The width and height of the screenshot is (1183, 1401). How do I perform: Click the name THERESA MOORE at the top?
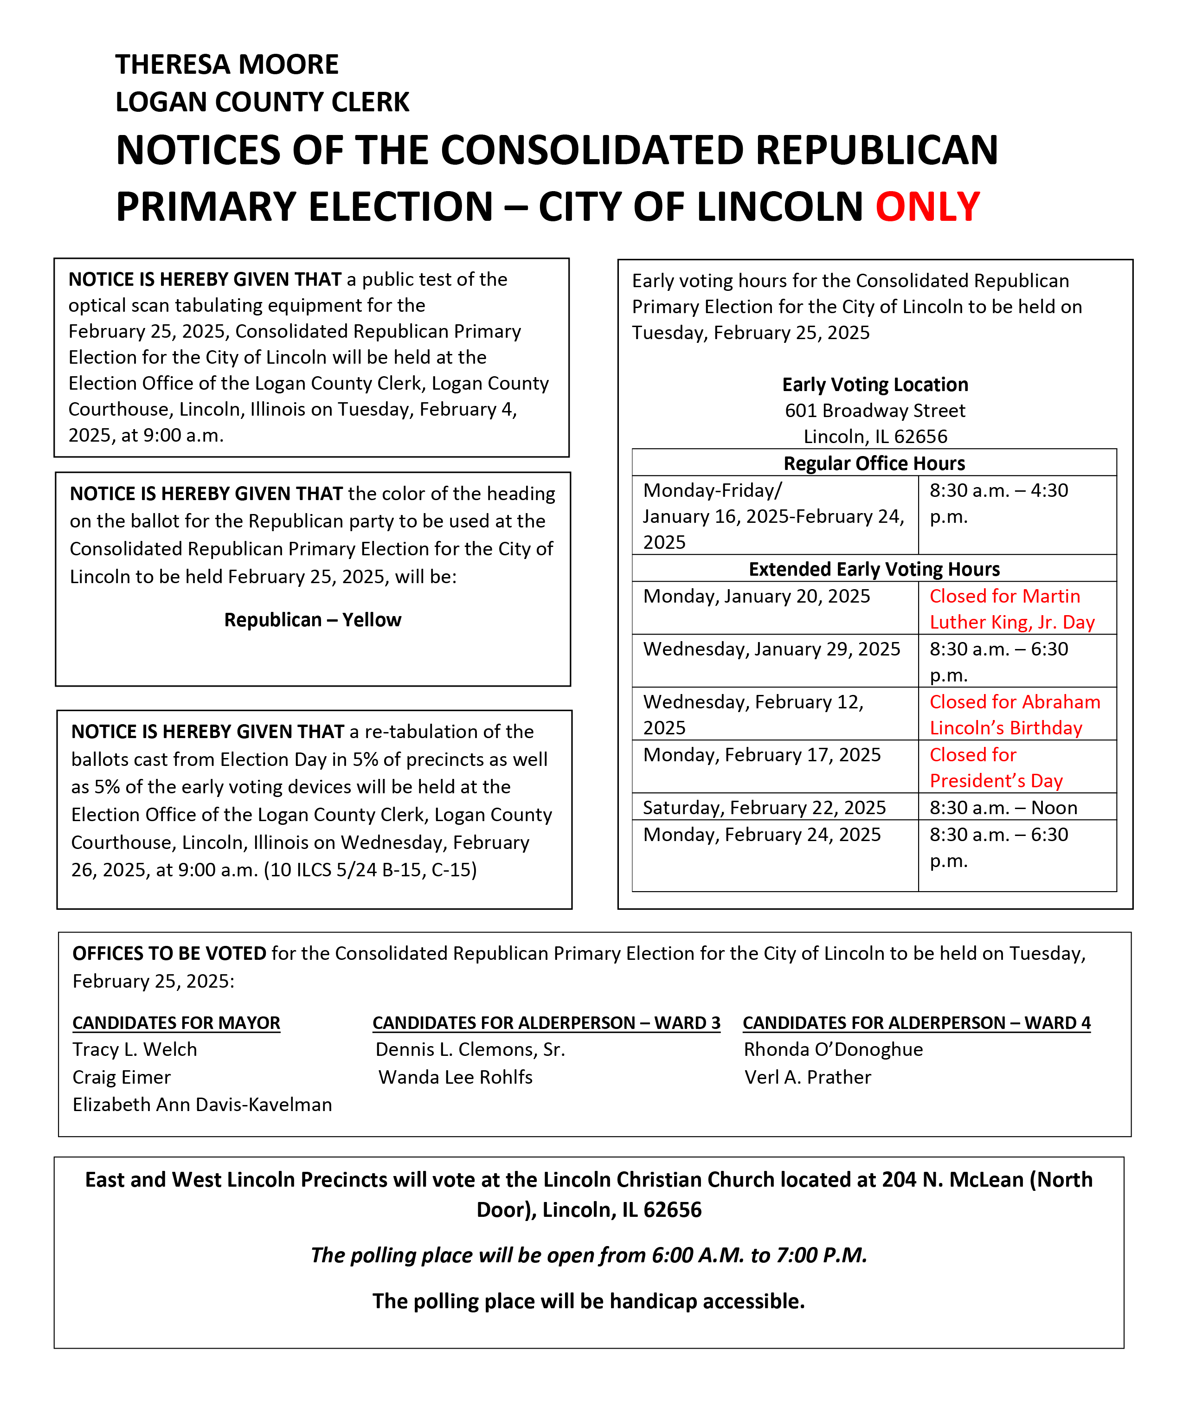pyautogui.click(x=227, y=64)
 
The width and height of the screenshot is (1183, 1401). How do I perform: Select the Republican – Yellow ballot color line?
pyautogui.click(x=313, y=620)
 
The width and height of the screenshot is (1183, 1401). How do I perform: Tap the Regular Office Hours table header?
pyautogui.click(x=874, y=463)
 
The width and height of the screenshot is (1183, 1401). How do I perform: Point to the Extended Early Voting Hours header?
pyautogui.click(x=874, y=569)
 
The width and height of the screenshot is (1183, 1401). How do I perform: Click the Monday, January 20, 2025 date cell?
pyautogui.click(x=757, y=596)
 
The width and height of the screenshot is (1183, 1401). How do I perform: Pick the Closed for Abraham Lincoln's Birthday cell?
pyautogui.click(x=1014, y=715)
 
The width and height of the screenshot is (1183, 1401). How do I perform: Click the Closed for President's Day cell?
pyautogui.click(x=996, y=768)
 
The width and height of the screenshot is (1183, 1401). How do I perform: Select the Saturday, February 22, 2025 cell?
pyautogui.click(x=765, y=808)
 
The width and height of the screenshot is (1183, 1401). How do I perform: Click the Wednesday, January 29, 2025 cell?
pyautogui.click(x=771, y=649)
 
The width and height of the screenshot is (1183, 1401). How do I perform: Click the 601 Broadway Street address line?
pyautogui.click(x=875, y=411)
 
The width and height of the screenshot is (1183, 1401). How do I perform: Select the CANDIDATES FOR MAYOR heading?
pyautogui.click(x=176, y=1023)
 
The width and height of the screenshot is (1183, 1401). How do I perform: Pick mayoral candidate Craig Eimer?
pyautogui.click(x=122, y=1077)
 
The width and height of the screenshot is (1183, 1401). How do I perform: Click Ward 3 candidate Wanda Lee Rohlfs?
pyautogui.click(x=456, y=1077)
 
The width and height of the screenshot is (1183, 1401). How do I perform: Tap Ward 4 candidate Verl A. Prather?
pyautogui.click(x=807, y=1077)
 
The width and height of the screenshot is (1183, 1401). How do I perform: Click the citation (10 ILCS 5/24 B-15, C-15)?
pyautogui.click(x=370, y=870)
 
